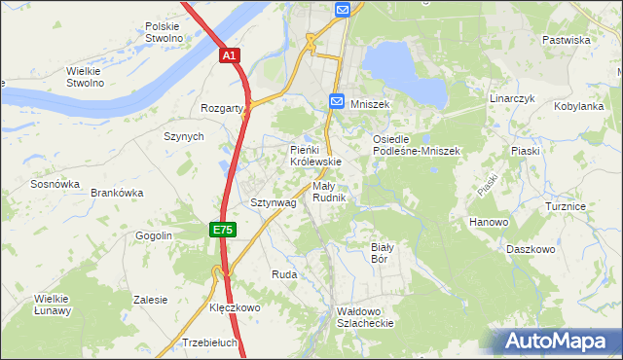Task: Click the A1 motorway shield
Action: tap(229, 57)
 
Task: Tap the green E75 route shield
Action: tap(222, 229)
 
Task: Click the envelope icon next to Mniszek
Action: tap(336, 100)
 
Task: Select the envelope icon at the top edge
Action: tap(343, 10)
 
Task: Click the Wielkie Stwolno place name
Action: tap(85, 77)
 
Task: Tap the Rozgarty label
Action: tap(221, 108)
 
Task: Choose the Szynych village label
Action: tap(184, 137)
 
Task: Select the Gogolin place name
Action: tap(154, 235)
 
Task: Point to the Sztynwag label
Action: tap(273, 202)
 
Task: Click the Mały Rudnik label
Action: tap(329, 192)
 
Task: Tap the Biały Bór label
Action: tap(381, 253)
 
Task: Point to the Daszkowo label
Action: tap(531, 249)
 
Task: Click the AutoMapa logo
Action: tap(554, 341)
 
